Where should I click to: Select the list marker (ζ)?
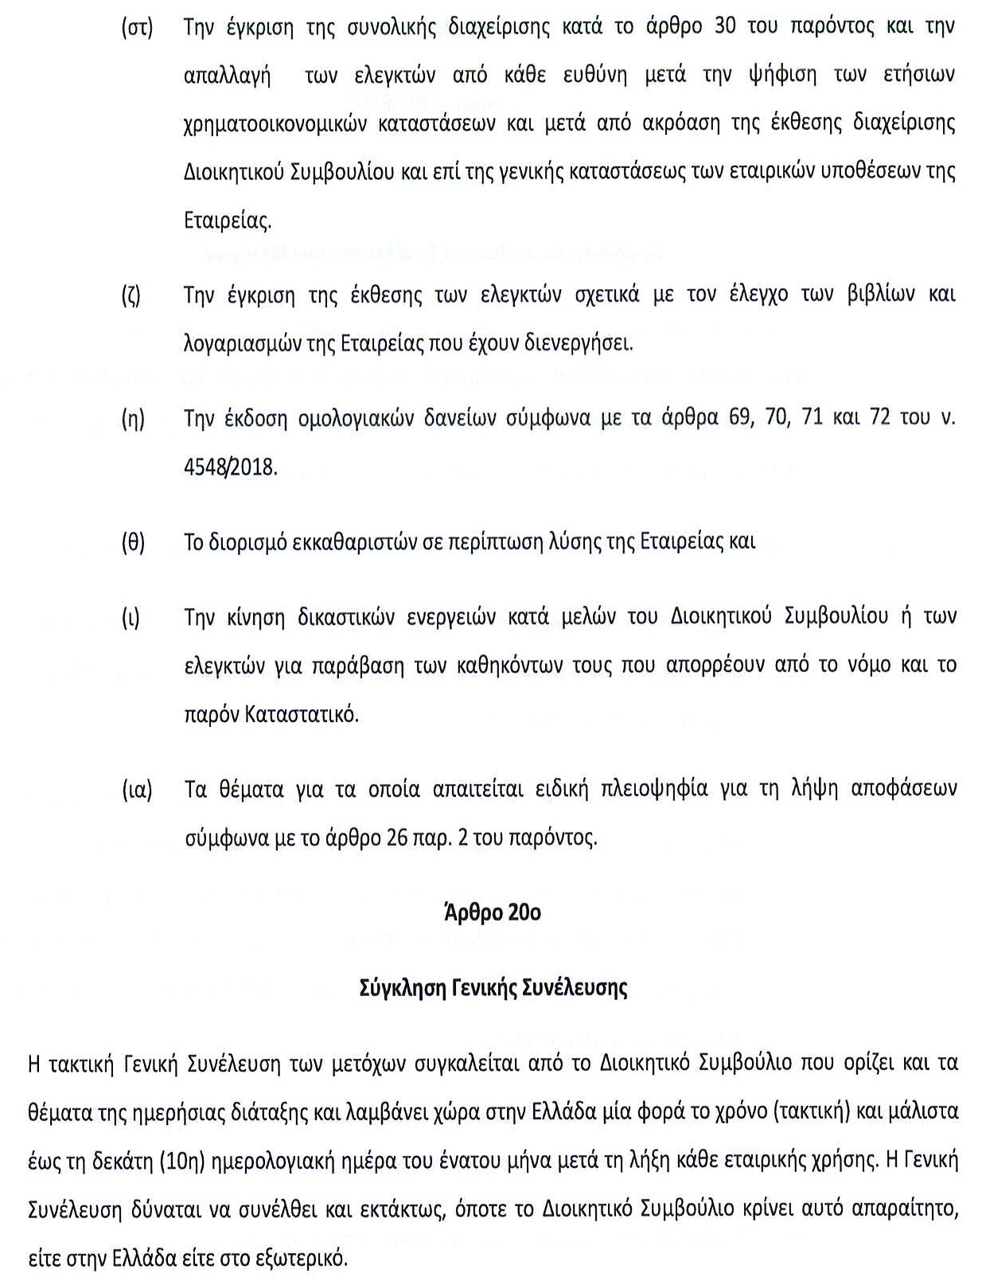coord(131,295)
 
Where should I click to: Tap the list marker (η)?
coord(133,420)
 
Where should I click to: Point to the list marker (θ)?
coord(133,543)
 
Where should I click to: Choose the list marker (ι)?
coord(131,618)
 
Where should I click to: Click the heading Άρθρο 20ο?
coord(493,912)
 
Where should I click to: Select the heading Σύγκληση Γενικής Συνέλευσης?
coord(493,988)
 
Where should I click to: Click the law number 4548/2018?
coord(231,467)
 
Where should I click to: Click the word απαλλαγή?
coord(227,77)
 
